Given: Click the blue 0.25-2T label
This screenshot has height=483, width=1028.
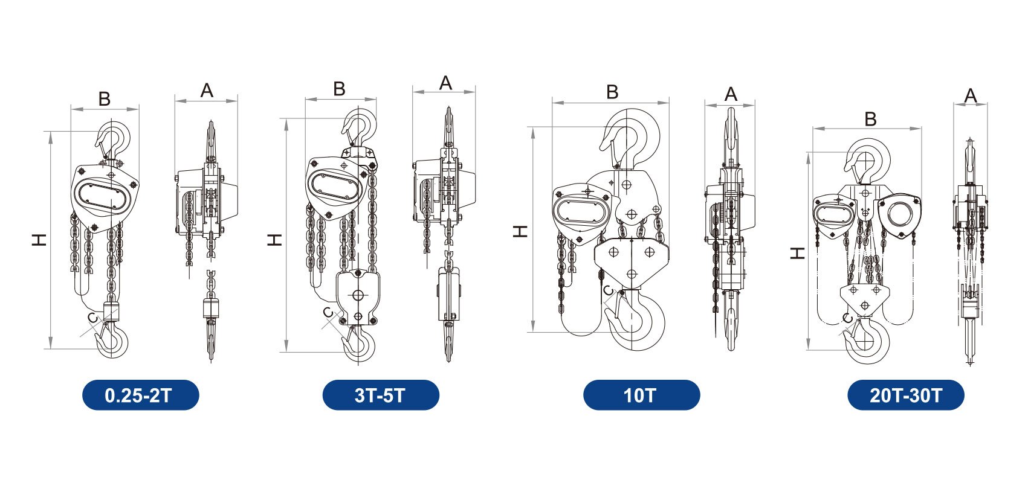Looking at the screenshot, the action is point(140,395).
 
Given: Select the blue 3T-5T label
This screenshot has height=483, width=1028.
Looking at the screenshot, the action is point(381,395).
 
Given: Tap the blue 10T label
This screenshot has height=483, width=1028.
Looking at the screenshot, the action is point(641,395).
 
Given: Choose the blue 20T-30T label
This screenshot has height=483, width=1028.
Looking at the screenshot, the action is point(905,395).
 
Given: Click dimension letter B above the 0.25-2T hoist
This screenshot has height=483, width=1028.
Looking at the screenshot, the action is point(105,98).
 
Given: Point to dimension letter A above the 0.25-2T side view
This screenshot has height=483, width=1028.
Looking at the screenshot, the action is point(207,91).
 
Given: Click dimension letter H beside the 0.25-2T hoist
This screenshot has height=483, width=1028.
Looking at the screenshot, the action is point(39,240).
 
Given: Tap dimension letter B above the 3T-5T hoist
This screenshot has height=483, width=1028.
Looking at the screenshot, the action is point(339,89).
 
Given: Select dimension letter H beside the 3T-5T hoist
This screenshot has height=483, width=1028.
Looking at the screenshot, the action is point(274,240).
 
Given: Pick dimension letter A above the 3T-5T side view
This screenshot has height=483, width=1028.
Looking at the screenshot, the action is point(445,83).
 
